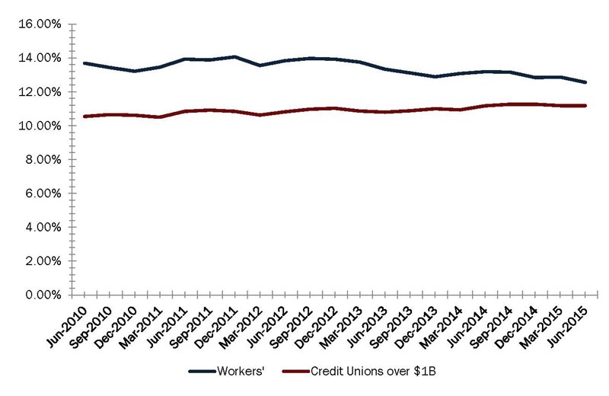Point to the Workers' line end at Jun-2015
point(585,82)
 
